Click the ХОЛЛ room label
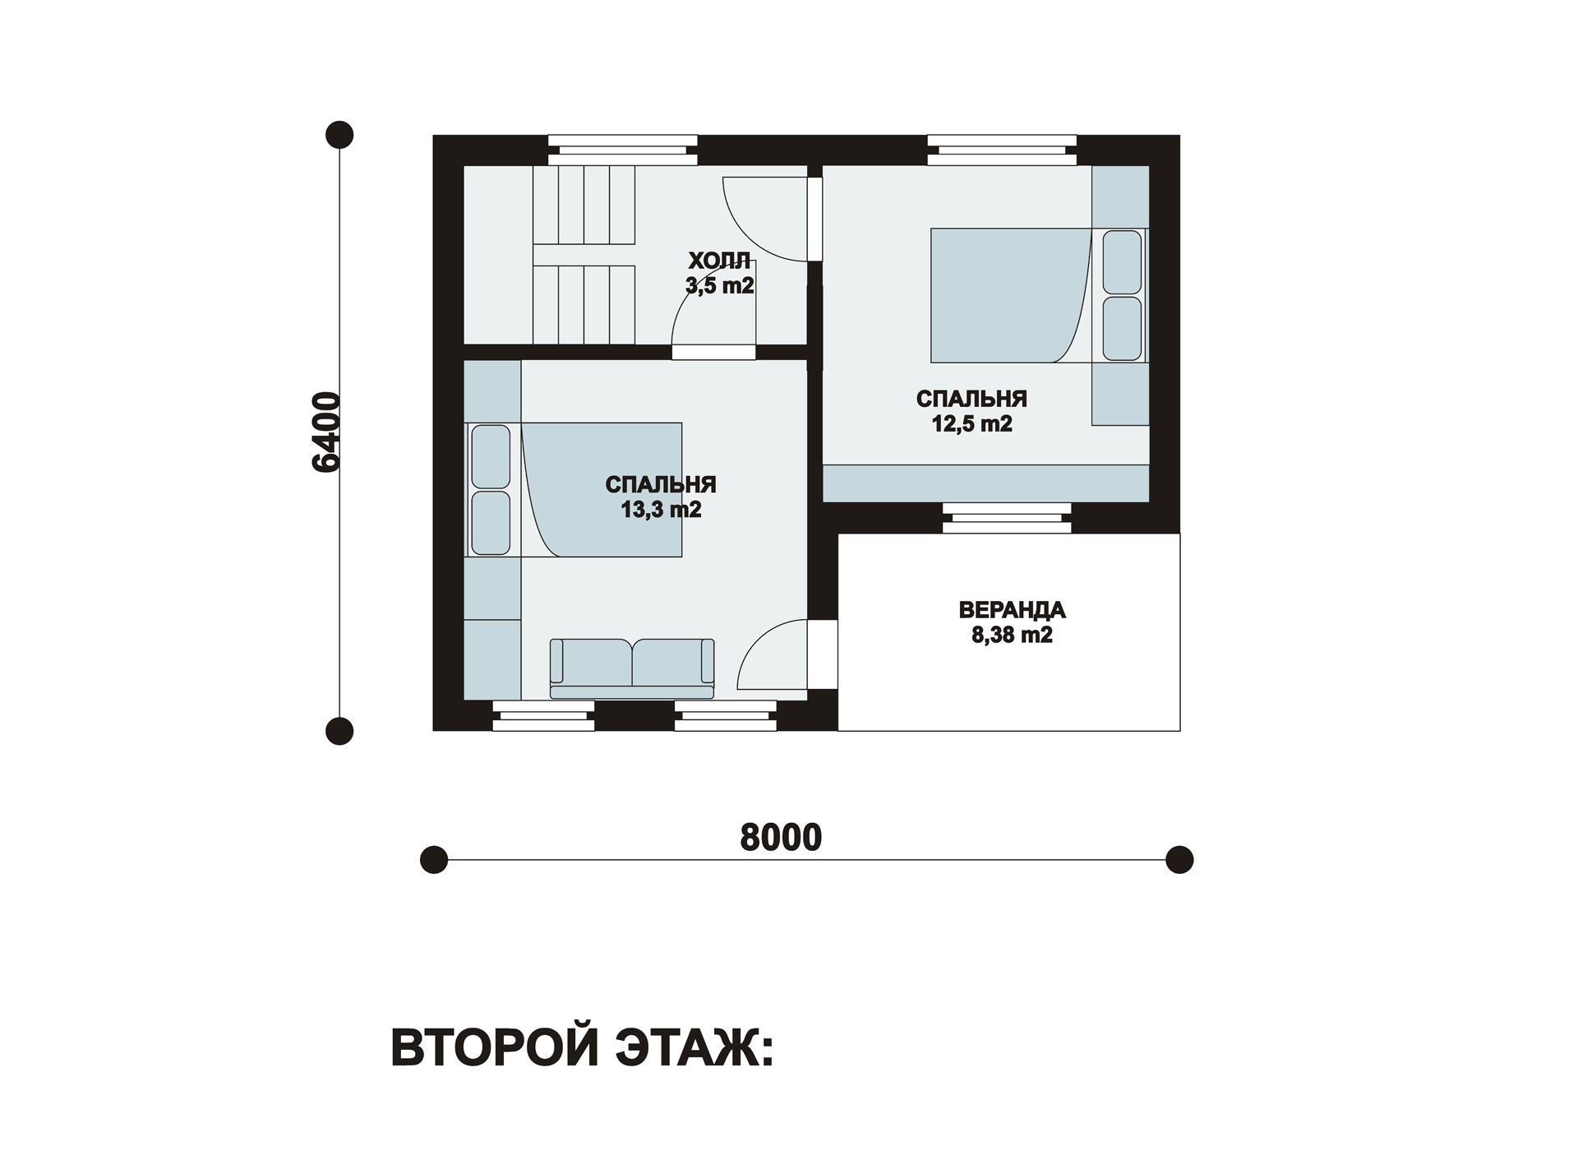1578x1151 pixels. [x=719, y=261]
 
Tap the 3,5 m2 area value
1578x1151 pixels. [x=720, y=285]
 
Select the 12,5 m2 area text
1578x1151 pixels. [x=971, y=424]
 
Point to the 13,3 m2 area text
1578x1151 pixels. [x=661, y=510]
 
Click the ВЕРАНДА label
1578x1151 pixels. [x=1012, y=610]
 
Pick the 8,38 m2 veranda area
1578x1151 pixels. [x=1012, y=636]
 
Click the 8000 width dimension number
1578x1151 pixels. [x=781, y=837]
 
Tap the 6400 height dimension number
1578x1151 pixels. [x=326, y=432]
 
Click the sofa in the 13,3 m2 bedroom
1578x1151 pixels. [x=632, y=668]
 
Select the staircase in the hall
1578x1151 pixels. [x=584, y=255]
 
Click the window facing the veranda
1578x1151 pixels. [x=1007, y=518]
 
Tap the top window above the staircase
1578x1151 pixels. [x=623, y=150]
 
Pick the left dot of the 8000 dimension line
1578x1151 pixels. [x=434, y=860]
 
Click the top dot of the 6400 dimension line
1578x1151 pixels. [x=339, y=135]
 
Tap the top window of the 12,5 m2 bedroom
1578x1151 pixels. [x=1002, y=150]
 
